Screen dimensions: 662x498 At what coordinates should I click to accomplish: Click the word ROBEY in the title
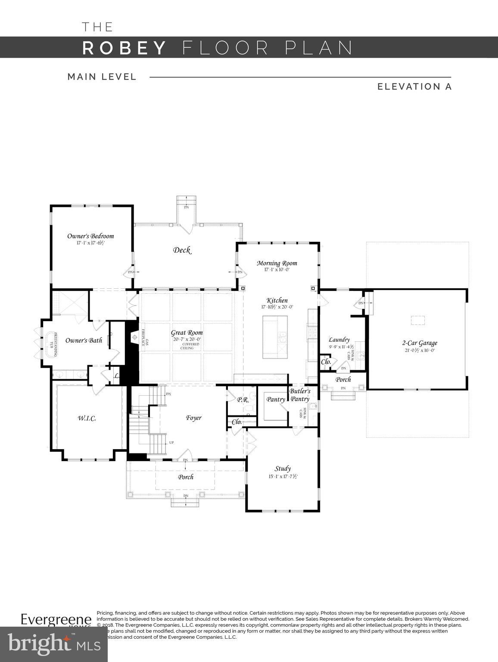(124, 47)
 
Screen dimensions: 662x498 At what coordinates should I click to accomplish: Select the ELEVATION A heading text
(414, 87)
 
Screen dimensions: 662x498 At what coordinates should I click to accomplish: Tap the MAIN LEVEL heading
(102, 77)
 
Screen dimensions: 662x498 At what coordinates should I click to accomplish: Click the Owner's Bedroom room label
(90, 236)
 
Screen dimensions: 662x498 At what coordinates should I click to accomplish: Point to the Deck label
(182, 250)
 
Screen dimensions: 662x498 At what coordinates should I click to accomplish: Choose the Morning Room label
(277, 263)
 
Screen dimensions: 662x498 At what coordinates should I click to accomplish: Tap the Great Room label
(187, 333)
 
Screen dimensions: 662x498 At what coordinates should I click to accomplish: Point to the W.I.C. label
(87, 418)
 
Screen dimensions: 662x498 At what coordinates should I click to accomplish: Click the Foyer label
(193, 418)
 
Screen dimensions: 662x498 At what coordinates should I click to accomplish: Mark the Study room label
(283, 468)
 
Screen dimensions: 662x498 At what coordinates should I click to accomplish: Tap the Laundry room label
(339, 340)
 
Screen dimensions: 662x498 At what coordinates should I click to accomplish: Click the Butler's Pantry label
(299, 395)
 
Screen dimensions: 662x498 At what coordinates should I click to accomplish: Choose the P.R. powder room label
(243, 400)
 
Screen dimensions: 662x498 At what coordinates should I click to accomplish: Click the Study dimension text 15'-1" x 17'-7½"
(283, 477)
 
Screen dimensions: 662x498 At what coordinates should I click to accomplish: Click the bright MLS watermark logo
(54, 645)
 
